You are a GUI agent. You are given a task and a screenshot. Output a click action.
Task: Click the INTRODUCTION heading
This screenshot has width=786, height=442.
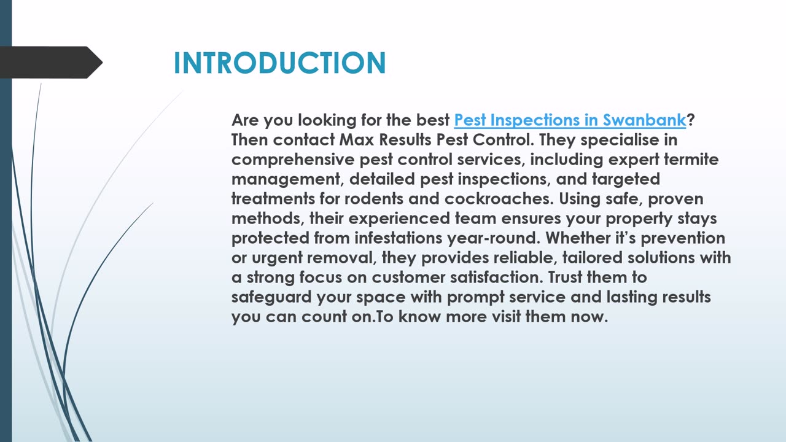[x=279, y=63]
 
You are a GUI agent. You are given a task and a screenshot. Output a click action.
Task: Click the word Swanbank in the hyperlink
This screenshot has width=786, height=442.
[x=644, y=120]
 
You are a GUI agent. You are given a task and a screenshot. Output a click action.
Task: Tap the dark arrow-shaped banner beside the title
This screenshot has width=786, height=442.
[x=51, y=63]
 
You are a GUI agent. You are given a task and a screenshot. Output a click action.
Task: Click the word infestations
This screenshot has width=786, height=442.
[x=399, y=238]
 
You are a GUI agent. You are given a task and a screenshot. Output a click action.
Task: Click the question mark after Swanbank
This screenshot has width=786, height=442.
[x=691, y=120]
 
